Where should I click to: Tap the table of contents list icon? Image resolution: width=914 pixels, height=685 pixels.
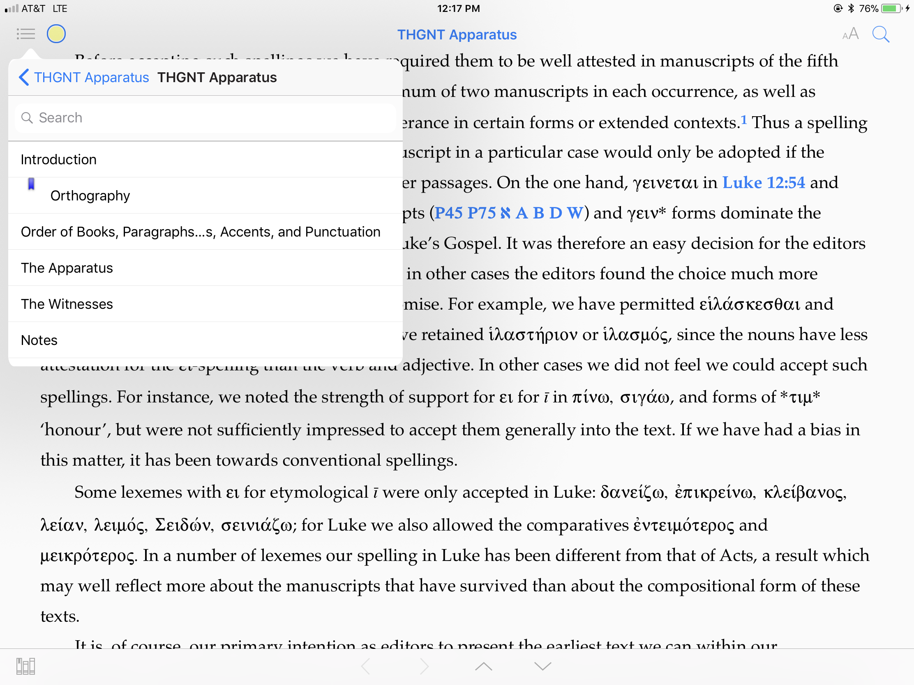(25, 34)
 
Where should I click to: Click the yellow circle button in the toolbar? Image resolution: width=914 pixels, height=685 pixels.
(56, 34)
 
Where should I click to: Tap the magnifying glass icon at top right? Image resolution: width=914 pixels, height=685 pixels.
(880, 34)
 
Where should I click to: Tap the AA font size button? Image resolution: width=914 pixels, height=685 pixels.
(850, 34)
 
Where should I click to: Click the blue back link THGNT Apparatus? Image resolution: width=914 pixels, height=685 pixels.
(84, 78)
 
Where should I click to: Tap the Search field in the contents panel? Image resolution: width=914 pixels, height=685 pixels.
(205, 118)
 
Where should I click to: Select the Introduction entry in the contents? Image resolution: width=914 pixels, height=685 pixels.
(59, 160)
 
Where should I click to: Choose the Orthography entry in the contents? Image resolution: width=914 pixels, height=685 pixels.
(90, 196)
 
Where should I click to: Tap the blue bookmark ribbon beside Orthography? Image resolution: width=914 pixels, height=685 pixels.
(31, 184)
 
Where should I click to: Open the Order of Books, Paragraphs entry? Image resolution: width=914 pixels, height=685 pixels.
(201, 232)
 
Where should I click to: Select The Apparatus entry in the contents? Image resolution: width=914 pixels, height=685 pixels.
(67, 268)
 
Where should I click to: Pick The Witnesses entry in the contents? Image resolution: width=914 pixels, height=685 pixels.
(67, 304)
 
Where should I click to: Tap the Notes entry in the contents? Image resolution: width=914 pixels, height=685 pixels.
(39, 340)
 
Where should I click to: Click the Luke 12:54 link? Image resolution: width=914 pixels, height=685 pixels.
(763, 182)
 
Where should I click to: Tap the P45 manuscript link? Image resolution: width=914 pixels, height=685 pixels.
(448, 213)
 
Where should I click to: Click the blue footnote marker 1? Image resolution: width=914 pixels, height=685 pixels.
(744, 120)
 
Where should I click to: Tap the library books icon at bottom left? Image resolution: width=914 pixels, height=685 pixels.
(25, 666)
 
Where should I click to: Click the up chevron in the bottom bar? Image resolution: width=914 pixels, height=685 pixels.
(483, 666)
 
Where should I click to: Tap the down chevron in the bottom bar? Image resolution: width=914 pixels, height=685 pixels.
(542, 666)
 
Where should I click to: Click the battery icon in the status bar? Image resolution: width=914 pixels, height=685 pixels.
(891, 9)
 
